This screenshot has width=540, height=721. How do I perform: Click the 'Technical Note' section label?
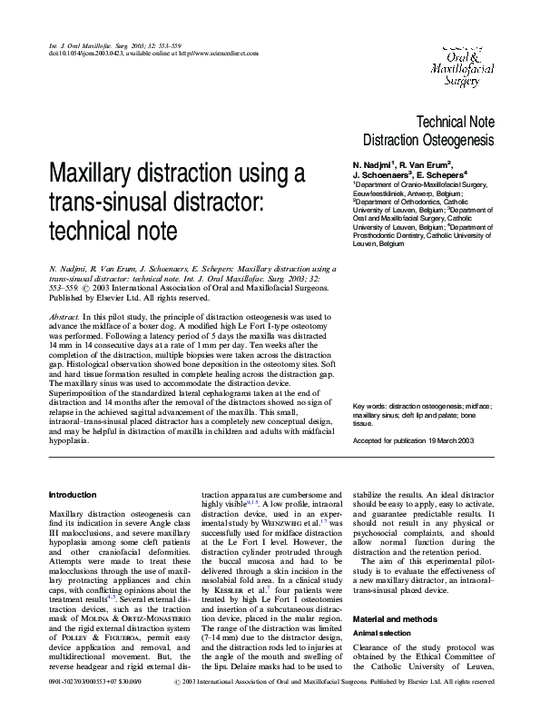[454, 122]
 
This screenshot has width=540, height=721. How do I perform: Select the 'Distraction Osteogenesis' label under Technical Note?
[428, 141]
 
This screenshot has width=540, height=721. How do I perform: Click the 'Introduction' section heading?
[72, 494]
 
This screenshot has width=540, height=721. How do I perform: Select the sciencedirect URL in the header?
[219, 54]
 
